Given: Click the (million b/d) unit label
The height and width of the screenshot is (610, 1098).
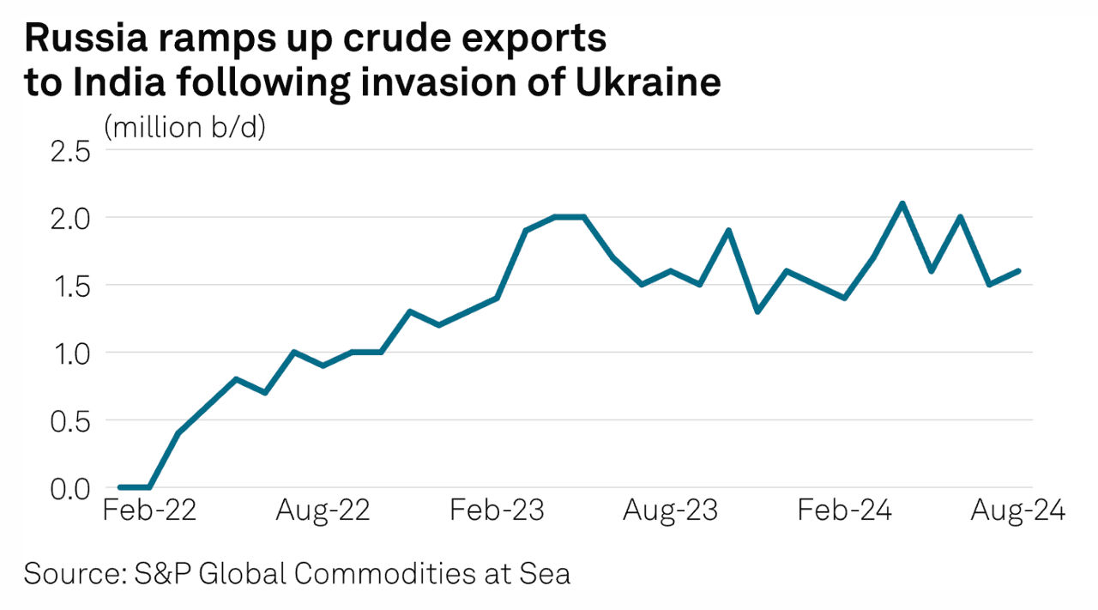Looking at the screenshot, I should click(184, 128).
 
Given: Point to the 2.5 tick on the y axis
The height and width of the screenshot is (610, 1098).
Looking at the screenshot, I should click(70, 152).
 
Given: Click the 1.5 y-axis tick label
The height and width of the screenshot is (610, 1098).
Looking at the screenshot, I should click(70, 286).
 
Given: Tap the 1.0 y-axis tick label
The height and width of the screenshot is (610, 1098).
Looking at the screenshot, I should click(70, 353).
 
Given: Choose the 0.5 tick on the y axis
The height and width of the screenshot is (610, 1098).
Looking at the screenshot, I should click(70, 420).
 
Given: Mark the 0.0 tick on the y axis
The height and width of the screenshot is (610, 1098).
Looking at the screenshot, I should click(70, 488).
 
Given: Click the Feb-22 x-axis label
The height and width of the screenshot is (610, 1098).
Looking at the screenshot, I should click(150, 511).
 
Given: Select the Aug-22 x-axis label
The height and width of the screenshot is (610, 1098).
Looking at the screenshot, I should click(323, 511).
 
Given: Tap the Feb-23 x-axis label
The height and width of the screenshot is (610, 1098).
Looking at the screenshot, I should click(498, 511).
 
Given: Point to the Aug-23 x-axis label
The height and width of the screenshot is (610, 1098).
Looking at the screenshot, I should click(671, 511).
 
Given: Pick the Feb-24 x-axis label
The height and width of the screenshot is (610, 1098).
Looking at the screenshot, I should click(845, 511).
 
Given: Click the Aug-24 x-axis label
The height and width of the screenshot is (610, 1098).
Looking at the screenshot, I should click(1017, 511).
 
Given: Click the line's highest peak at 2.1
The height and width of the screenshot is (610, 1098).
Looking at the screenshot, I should click(902, 203).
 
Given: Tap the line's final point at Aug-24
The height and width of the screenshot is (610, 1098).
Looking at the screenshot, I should click(1018, 271).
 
